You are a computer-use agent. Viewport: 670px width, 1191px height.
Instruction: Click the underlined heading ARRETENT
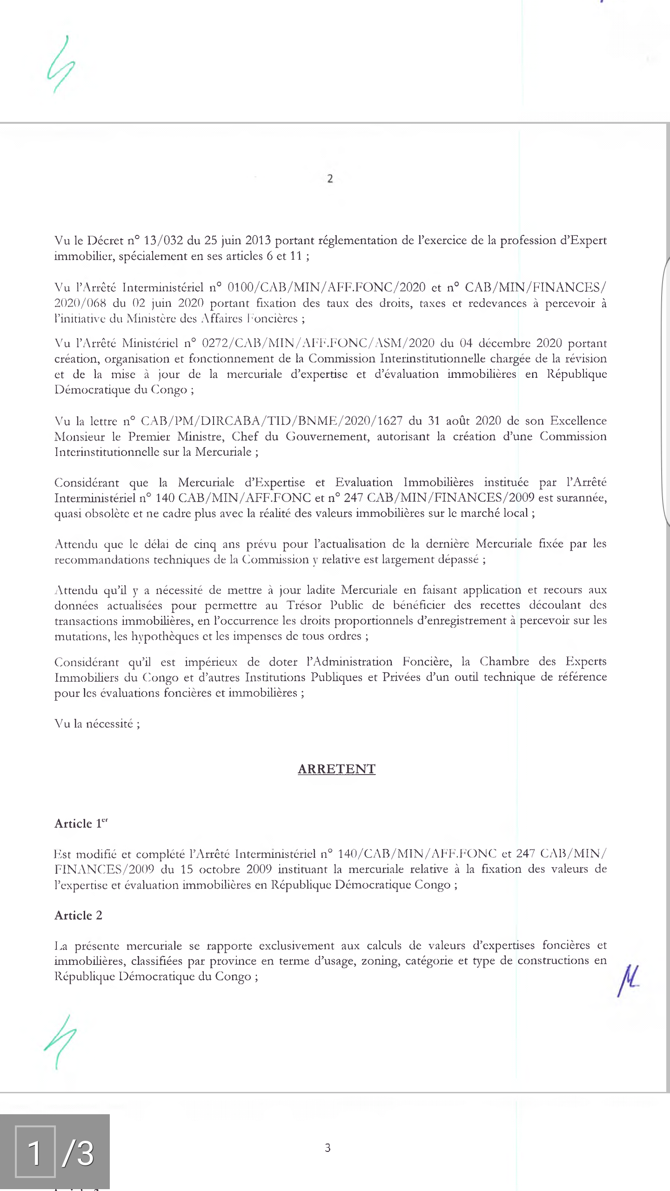pyautogui.click(x=336, y=769)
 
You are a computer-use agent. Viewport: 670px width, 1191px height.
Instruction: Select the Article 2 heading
pyautogui.click(x=78, y=915)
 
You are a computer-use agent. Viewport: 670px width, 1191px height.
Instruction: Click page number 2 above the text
pyautogui.click(x=330, y=179)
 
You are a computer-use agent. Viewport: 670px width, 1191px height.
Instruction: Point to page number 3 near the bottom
pyautogui.click(x=328, y=1148)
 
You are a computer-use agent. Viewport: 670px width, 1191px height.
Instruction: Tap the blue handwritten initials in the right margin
pyautogui.click(x=628, y=980)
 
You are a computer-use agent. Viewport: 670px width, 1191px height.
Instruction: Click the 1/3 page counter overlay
pyautogui.click(x=55, y=1152)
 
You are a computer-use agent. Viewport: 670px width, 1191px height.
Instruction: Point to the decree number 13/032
pyautogui.click(x=163, y=241)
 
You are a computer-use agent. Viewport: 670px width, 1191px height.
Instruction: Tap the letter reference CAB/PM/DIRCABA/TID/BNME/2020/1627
pyautogui.click(x=271, y=421)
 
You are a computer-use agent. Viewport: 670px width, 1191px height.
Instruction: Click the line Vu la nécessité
pyautogui.click(x=97, y=723)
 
